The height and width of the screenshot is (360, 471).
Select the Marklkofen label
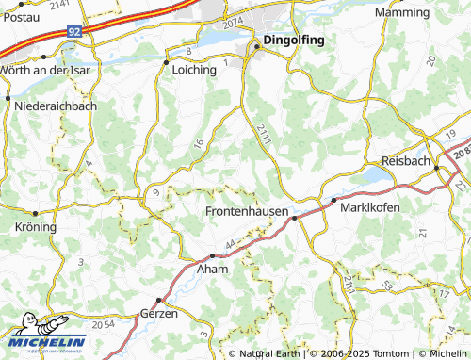(370, 207)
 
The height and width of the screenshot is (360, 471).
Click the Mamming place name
(402, 12)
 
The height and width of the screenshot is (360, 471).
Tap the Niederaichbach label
(56, 106)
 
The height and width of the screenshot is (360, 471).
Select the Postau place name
(20, 16)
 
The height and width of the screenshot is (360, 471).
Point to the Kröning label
(36, 227)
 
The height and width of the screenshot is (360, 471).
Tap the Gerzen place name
(158, 313)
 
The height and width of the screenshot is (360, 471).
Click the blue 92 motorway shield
(74, 31)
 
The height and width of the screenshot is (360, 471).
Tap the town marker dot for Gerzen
(159, 301)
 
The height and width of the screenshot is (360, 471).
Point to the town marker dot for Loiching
(167, 63)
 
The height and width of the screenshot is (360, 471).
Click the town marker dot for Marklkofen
(333, 200)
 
